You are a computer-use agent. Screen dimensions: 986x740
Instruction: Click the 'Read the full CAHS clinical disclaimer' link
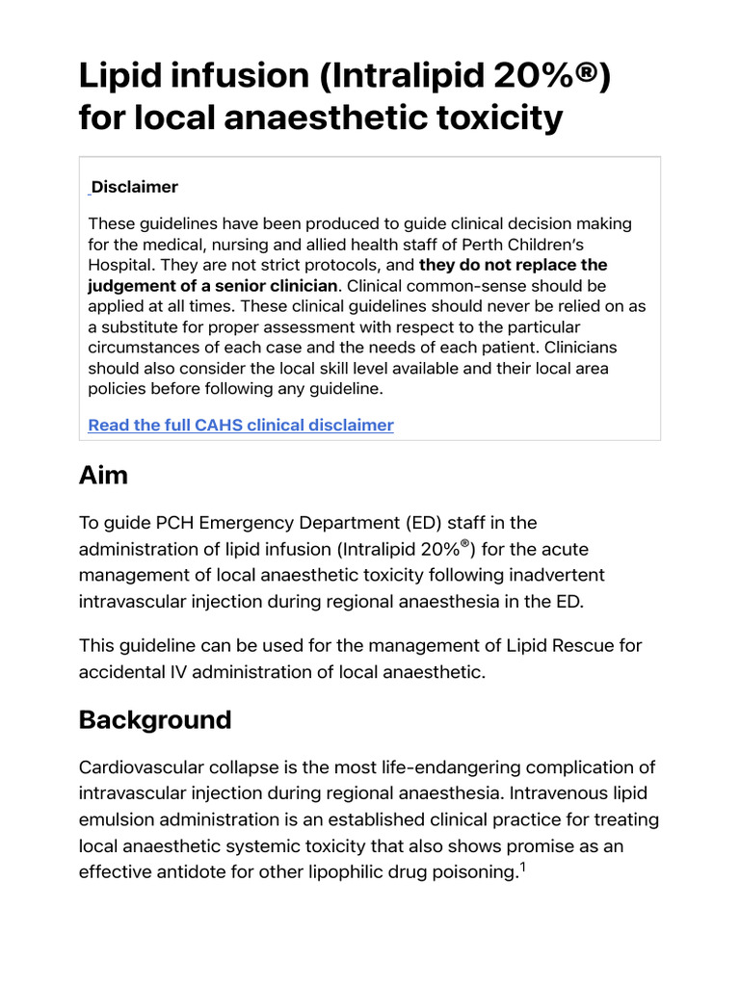click(240, 425)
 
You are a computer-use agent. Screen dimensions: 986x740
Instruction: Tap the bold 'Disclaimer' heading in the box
click(135, 187)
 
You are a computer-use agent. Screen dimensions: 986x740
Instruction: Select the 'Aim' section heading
click(103, 475)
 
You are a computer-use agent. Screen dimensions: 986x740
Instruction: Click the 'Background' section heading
click(155, 720)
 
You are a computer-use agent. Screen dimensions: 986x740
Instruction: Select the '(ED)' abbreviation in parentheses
click(451, 523)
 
